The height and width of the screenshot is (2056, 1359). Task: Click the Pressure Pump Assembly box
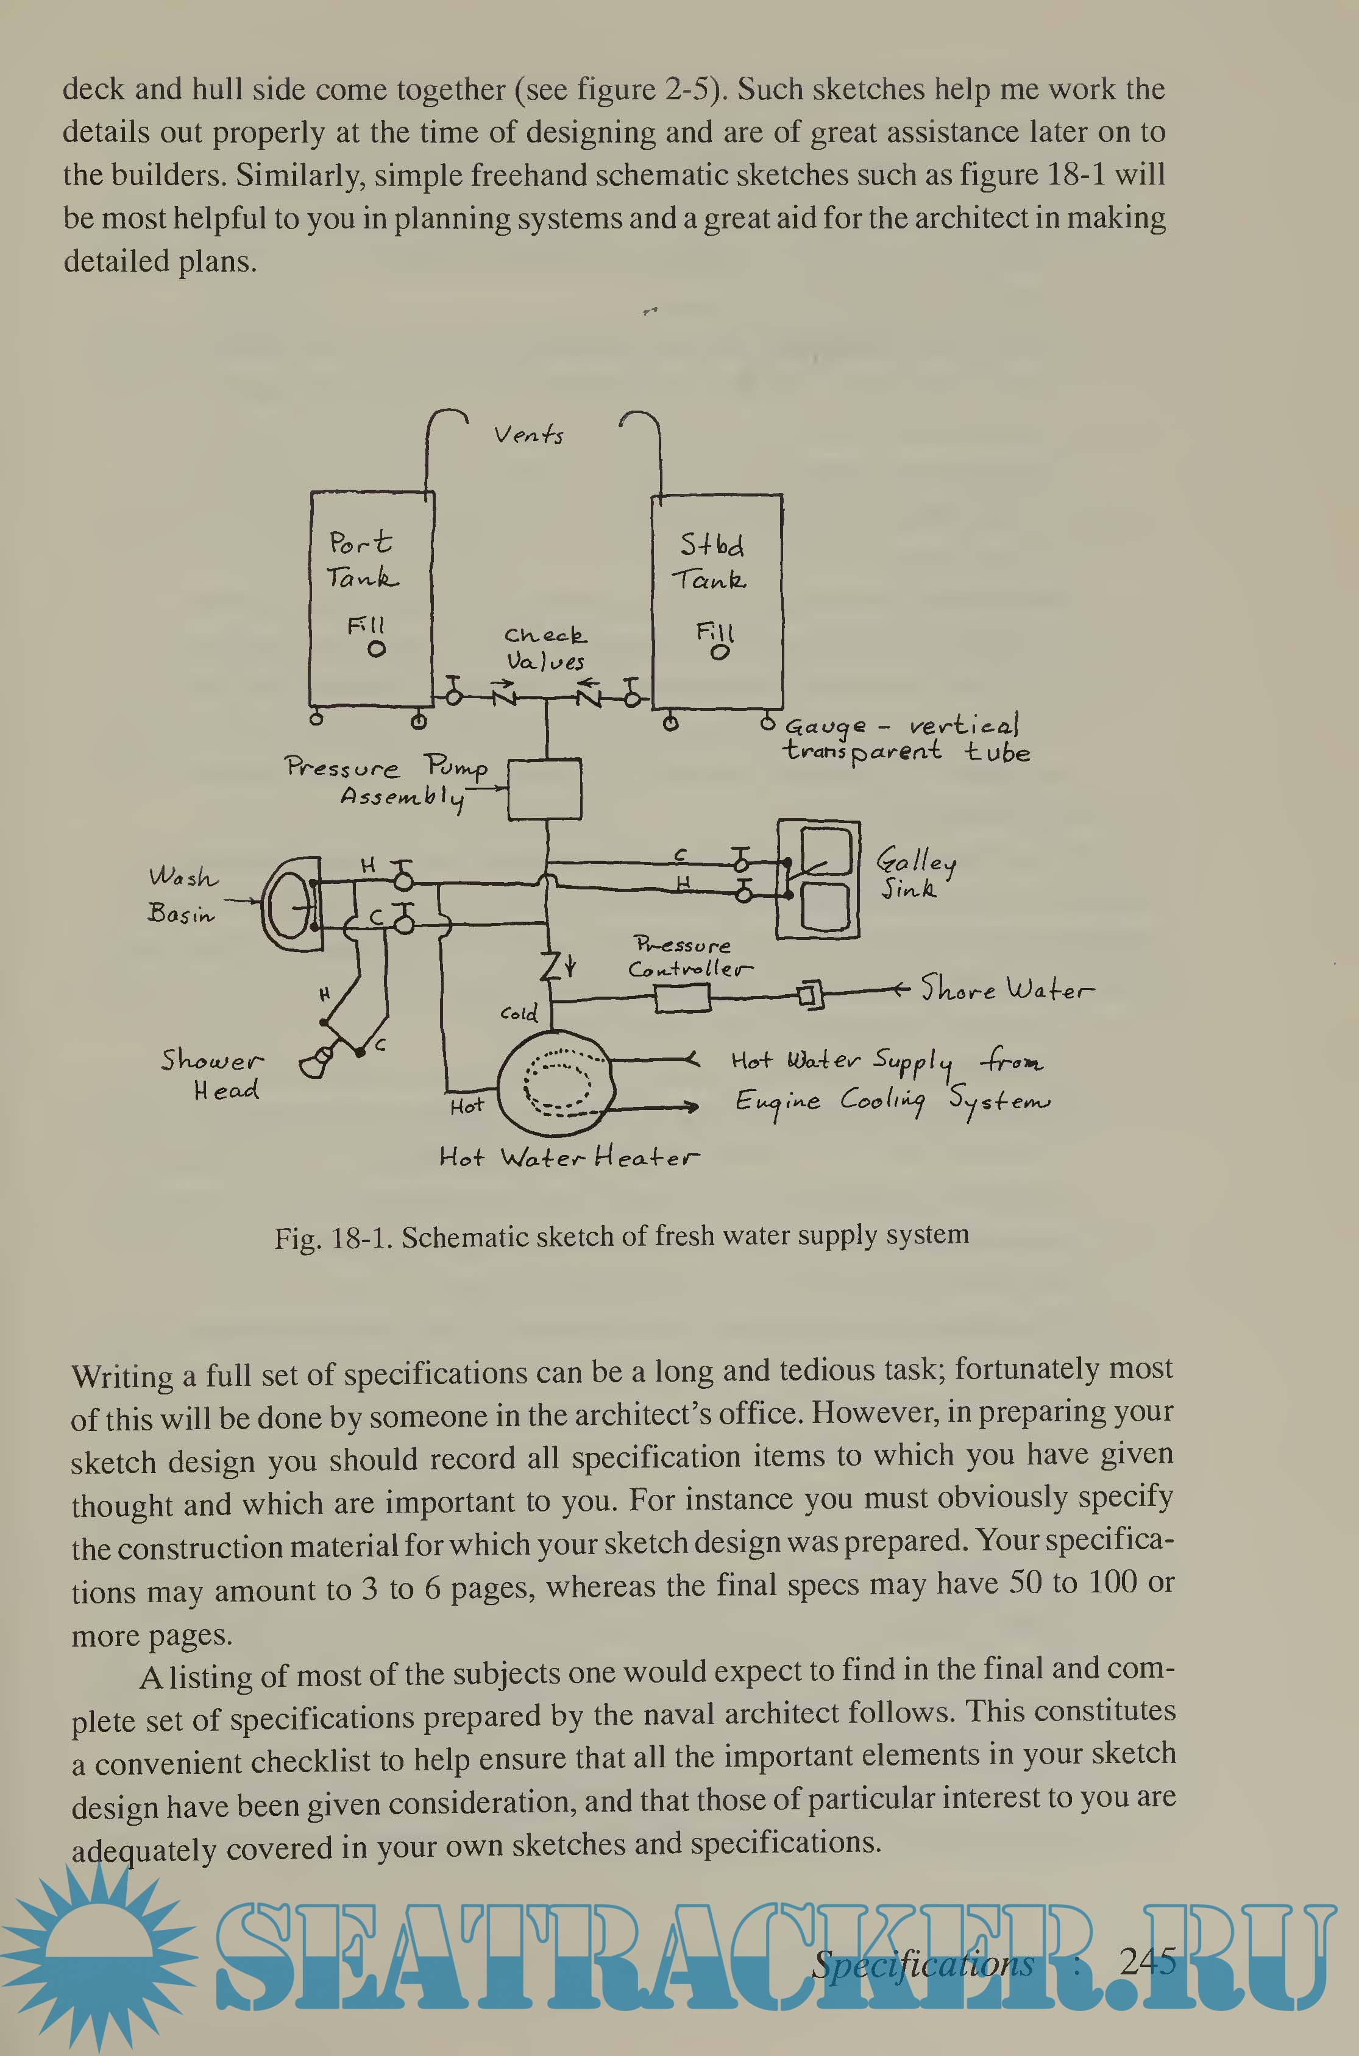pos(544,788)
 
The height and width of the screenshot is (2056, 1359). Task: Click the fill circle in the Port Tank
pos(376,649)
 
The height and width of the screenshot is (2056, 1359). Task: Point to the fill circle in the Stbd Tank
pos(719,652)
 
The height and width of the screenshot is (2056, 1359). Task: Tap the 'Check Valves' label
pos(545,648)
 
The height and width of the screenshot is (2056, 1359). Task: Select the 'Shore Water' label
pos(1006,989)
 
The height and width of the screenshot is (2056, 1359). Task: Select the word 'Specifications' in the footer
pos(923,1963)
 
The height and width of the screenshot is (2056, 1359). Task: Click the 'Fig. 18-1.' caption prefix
pos(334,1237)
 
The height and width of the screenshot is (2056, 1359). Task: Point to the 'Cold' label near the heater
pos(518,1013)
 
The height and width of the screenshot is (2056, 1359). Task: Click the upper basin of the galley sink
pos(823,853)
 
